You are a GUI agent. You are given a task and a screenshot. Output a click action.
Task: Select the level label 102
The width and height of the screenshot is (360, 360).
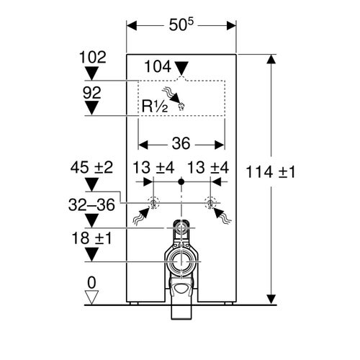point(91,55)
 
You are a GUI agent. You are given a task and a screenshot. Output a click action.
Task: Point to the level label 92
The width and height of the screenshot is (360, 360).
point(91,92)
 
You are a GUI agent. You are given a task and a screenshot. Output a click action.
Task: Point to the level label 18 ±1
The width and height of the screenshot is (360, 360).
point(91,238)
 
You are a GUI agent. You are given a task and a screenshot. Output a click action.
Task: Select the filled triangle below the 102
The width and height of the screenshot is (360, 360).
point(91,72)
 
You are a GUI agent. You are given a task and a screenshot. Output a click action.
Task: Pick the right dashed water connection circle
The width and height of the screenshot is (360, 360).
point(211,202)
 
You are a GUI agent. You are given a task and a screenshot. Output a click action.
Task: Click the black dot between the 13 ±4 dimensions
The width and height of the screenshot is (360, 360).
point(182,184)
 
